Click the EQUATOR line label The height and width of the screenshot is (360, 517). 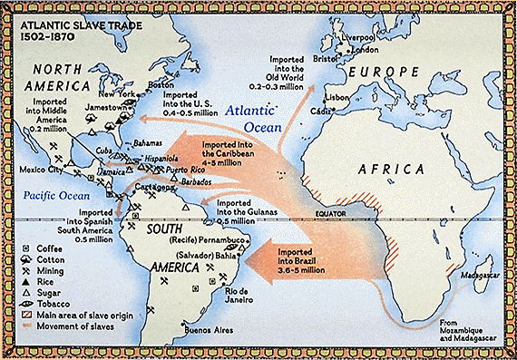pyautogui.click(x=337, y=215)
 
